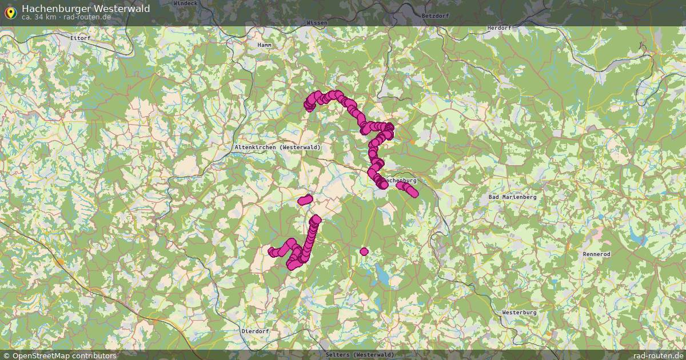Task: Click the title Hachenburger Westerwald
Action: point(86,8)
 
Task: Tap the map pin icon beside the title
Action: point(10,11)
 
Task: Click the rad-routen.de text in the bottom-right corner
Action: point(659,355)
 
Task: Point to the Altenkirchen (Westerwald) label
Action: point(277,147)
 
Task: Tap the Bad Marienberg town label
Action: point(513,197)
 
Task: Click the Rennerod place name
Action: point(596,254)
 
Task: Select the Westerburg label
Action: point(519,313)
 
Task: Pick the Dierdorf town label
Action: point(255,331)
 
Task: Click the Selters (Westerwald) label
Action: point(360,355)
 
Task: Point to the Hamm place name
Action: point(264,45)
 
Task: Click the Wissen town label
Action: point(317,23)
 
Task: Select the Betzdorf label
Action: point(432,15)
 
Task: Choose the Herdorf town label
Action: point(498,27)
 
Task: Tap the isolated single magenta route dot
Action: point(364,251)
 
